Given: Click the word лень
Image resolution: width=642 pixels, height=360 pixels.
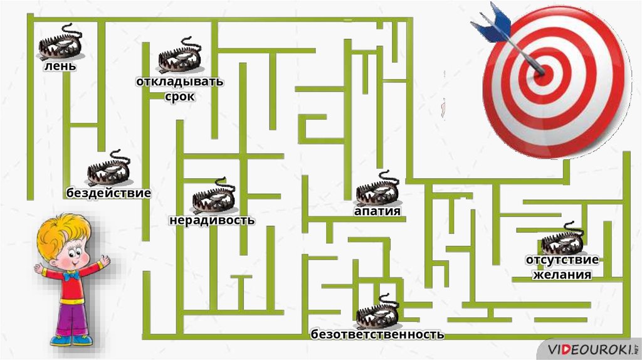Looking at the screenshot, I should coord(60,65).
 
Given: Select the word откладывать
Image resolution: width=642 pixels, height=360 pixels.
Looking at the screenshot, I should coord(180,82).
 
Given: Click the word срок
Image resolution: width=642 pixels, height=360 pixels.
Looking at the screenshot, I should coord(180,97).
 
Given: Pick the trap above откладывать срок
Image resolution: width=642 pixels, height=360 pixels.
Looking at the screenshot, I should coord(179,57).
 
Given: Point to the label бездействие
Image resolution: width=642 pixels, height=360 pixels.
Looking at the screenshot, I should coord(108,193).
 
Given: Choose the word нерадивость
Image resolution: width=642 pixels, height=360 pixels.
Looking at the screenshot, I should coord(212,220).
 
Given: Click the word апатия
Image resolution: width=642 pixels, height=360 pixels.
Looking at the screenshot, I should coord(377,211).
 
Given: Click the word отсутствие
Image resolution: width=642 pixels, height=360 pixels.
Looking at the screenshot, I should coord(562,260).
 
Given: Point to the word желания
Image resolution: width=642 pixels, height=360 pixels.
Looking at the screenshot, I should coord(562,274).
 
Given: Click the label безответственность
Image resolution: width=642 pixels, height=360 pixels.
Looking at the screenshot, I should coord(377,334).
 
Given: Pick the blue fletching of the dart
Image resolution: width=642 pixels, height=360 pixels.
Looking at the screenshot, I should coord(492,21).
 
